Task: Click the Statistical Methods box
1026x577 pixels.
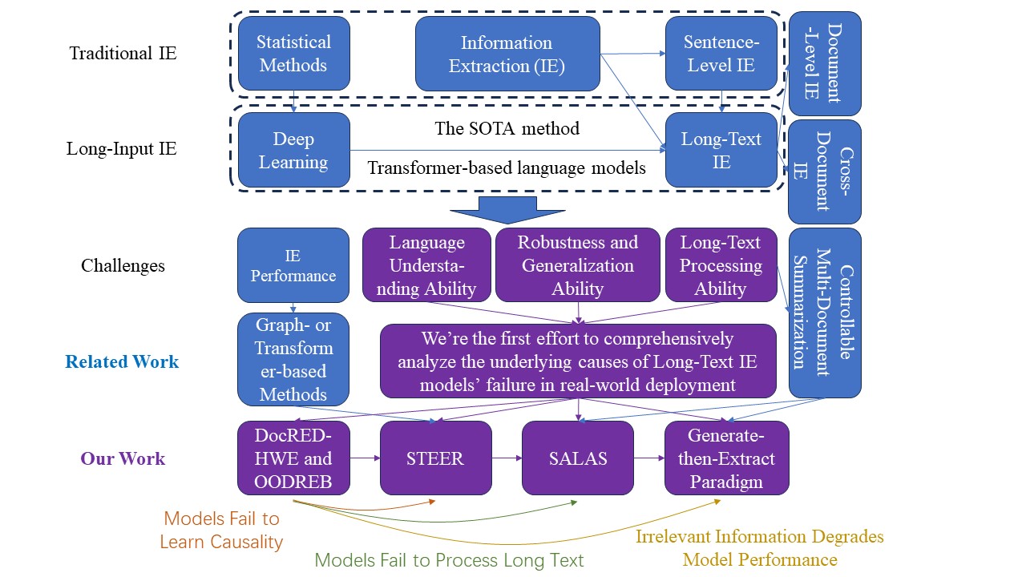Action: click(x=293, y=54)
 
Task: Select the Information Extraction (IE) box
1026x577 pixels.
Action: click(x=507, y=54)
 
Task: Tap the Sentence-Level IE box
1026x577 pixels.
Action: click(x=721, y=54)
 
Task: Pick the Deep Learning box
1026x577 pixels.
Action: click(x=293, y=150)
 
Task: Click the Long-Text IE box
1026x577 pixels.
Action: click(x=721, y=150)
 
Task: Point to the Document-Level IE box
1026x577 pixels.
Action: click(x=825, y=63)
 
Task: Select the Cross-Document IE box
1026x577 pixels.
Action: click(x=825, y=171)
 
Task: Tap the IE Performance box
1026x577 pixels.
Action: click(x=293, y=265)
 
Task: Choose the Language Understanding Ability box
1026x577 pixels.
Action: click(x=426, y=265)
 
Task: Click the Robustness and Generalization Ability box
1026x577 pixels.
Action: click(x=577, y=265)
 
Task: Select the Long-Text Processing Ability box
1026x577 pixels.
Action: click(x=721, y=265)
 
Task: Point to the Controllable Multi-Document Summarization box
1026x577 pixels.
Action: click(x=825, y=313)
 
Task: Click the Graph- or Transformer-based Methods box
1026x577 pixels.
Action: click(x=293, y=360)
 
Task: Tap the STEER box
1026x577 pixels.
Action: click(x=435, y=458)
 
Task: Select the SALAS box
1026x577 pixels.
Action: click(x=577, y=458)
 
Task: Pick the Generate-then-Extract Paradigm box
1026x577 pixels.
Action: click(x=726, y=458)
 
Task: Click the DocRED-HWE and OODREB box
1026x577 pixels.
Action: click(x=293, y=458)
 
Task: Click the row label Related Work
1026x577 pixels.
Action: click(x=122, y=361)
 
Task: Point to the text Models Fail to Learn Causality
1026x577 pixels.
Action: click(x=221, y=531)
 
